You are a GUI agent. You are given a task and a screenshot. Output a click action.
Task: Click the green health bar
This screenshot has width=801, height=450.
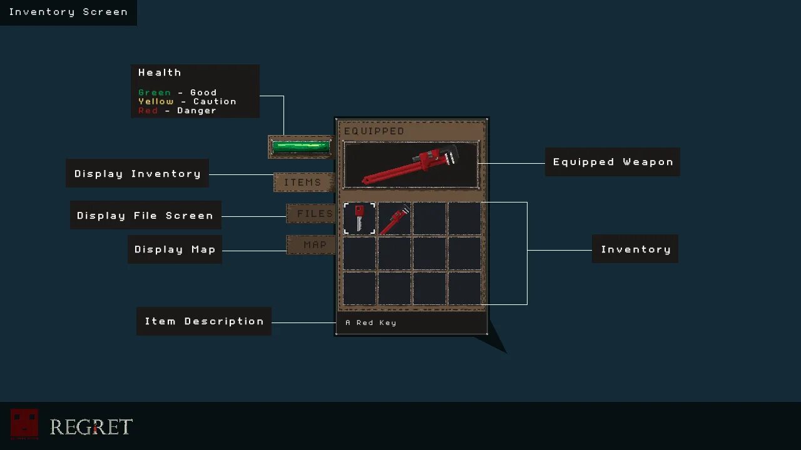coord(301,147)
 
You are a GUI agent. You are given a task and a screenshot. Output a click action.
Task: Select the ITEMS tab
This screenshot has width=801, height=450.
coord(303,182)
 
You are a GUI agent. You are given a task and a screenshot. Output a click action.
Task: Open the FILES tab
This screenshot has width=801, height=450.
coord(314,214)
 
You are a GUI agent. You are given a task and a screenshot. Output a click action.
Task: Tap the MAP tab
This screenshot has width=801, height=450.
coord(315,245)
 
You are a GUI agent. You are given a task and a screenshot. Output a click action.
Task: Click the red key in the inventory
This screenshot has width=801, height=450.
coord(359,218)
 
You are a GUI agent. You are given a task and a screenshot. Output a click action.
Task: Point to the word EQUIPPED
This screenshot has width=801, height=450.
coord(374,131)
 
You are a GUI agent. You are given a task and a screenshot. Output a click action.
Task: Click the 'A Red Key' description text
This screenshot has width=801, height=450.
coord(370,323)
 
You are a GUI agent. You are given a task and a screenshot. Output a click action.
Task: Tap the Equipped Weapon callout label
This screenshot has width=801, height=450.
coord(613,162)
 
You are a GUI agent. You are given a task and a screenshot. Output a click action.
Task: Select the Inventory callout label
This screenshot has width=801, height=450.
coord(635,249)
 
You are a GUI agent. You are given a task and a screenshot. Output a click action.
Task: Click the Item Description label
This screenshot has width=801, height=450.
coord(204,321)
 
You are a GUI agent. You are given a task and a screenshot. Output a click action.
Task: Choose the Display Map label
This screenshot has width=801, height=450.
coord(175,249)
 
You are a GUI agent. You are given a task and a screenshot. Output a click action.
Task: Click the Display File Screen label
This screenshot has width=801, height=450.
coord(145,216)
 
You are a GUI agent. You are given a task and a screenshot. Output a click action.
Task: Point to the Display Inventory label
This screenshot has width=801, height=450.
coord(138,174)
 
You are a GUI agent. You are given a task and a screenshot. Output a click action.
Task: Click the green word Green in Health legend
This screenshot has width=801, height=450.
coord(155,92)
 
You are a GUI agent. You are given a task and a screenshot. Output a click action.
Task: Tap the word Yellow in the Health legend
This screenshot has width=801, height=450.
coord(156,101)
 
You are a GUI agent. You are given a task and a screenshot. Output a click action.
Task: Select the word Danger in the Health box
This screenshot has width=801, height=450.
coord(196,111)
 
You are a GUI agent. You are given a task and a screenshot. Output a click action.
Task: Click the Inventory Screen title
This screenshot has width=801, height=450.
coord(68,12)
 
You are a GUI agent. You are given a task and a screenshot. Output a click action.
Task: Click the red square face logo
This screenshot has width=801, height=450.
coord(24,424)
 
